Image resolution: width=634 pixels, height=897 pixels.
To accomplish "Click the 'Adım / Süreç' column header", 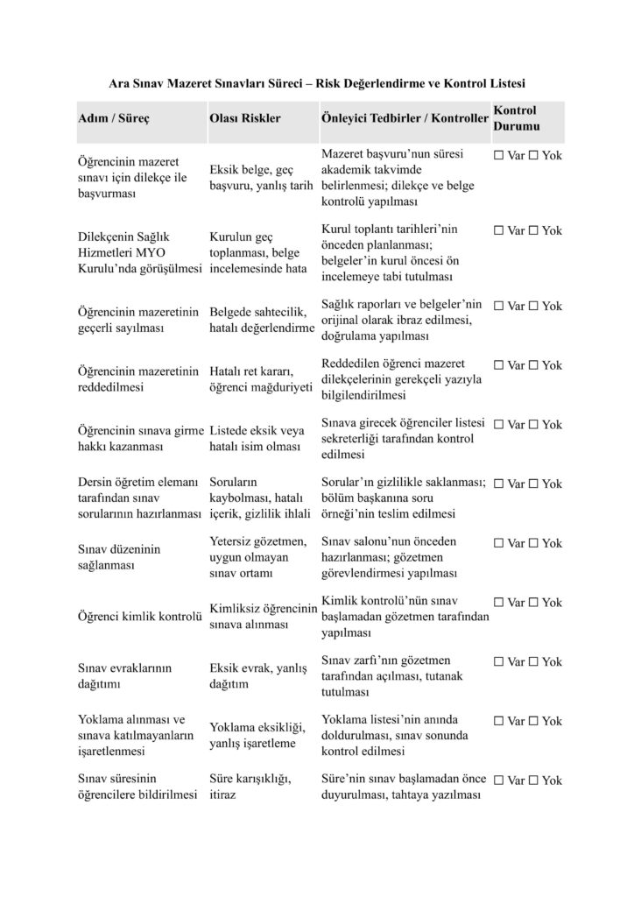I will click(114, 118).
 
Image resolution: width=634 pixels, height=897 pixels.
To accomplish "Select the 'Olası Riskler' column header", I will click(244, 118).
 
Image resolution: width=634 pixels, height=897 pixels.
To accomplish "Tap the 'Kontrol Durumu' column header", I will click(515, 118).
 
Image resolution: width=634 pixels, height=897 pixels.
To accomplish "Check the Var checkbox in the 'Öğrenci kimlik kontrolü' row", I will click(499, 603).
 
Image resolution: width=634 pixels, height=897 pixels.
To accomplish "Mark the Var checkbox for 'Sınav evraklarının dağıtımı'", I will click(499, 662).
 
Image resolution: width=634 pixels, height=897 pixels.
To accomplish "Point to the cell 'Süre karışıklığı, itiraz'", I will click(250, 788).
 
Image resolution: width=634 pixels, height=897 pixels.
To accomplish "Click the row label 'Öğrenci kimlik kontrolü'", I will click(140, 618).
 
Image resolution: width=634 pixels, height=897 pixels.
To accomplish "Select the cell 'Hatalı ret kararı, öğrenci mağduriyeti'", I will click(260, 379).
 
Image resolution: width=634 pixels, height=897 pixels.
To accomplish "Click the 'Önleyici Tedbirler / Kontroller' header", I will click(403, 118).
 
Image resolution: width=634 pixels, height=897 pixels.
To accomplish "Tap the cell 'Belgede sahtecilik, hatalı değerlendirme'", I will click(261, 320).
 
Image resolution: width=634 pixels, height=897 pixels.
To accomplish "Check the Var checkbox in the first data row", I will click(499, 156).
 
